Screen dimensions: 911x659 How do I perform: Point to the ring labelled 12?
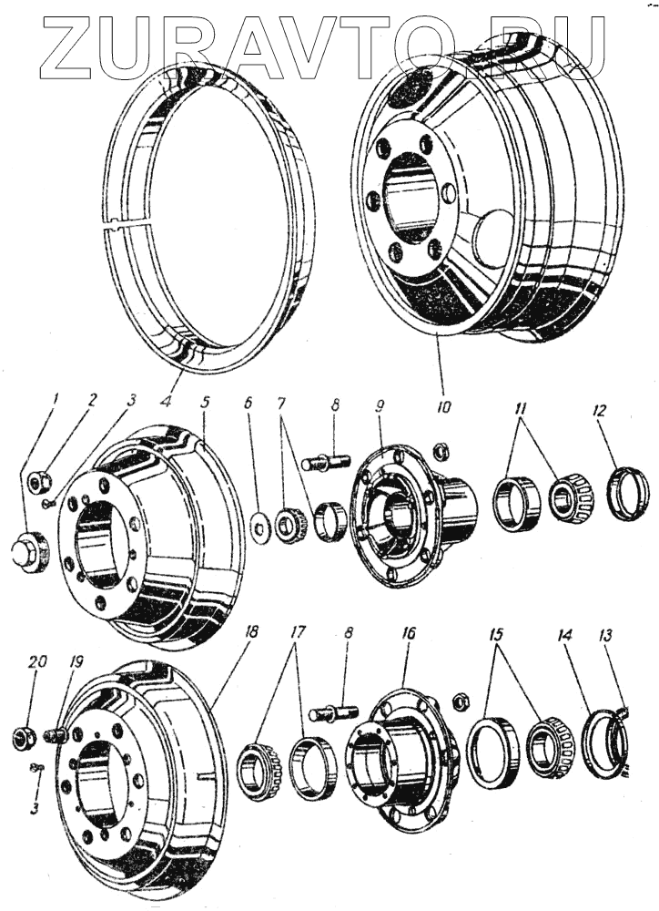628,492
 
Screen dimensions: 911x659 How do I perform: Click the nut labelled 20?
25,735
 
